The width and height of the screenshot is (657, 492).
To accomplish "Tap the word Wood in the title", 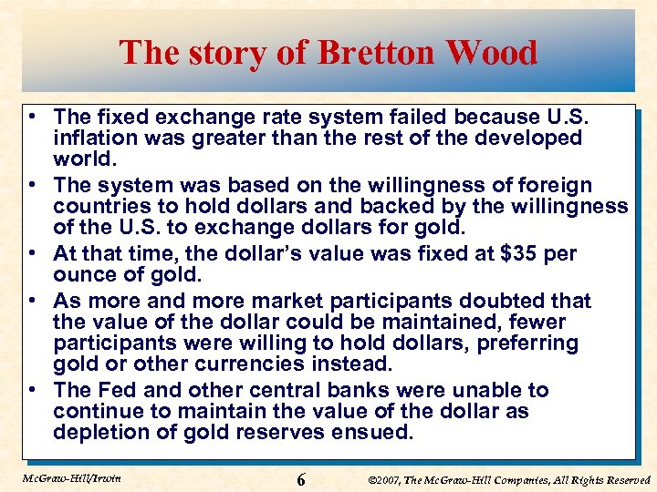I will (493, 53).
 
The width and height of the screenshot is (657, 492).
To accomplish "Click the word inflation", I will (96, 138).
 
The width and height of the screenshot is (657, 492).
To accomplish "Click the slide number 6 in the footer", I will (301, 479).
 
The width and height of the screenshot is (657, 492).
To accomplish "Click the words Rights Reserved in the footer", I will (613, 479).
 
